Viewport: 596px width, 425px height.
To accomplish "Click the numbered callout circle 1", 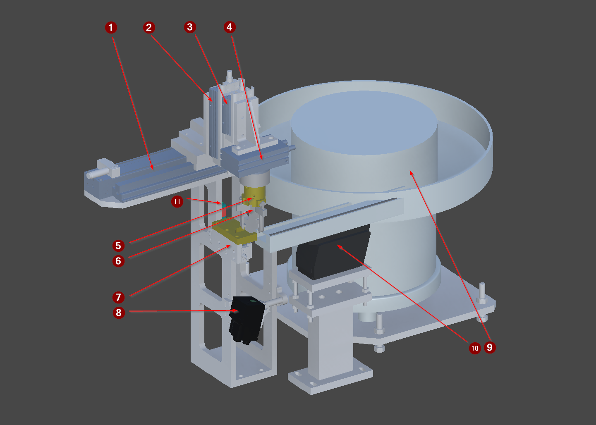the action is (x=111, y=27).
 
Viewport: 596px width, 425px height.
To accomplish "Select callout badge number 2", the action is (x=149, y=27).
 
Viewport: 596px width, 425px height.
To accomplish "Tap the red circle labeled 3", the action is (x=190, y=27).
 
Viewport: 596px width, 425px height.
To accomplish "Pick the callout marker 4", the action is (x=230, y=27).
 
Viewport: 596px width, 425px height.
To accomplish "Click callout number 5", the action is (x=118, y=246).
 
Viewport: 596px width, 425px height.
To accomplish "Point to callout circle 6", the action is (x=118, y=261).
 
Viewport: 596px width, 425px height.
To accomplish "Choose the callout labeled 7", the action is (x=118, y=297).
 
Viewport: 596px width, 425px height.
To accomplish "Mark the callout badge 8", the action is (x=119, y=313).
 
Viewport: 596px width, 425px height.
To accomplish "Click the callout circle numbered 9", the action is (x=490, y=347).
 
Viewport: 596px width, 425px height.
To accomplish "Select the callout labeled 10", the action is (x=475, y=348).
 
